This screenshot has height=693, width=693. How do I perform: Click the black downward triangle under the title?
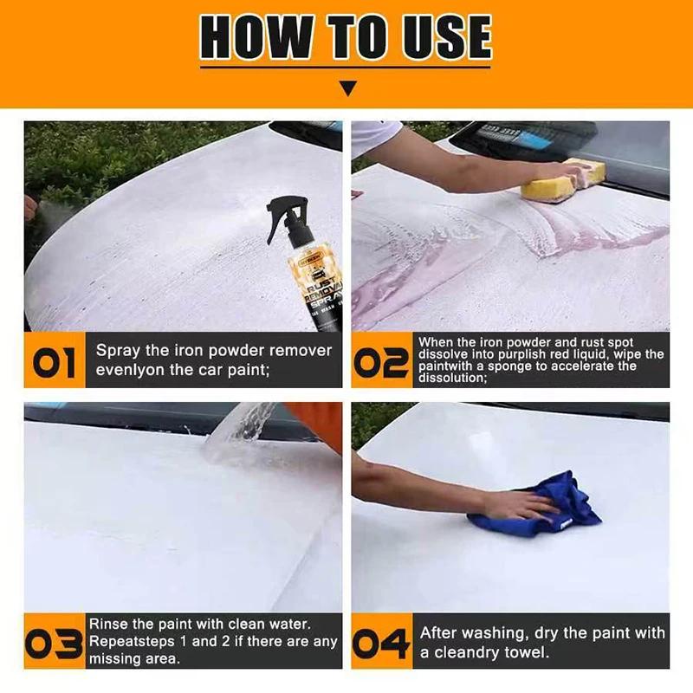pos(347,87)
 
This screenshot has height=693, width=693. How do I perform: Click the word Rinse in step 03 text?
pos(108,625)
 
